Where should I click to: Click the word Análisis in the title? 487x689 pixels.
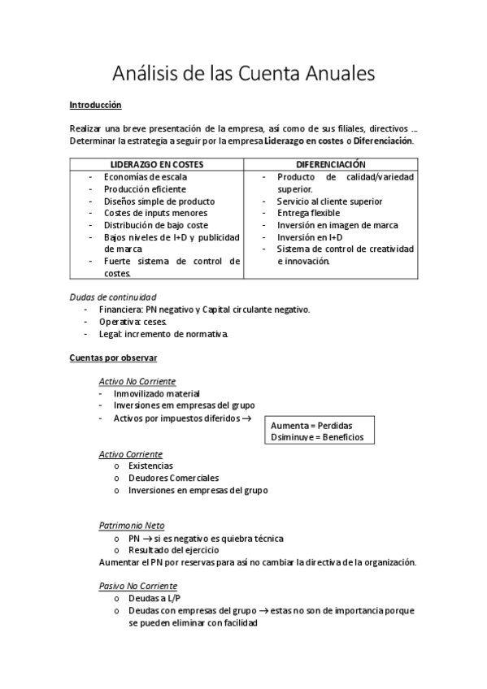[143, 73]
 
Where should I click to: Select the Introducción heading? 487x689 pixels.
[95, 106]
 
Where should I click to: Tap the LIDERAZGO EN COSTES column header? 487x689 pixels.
[157, 165]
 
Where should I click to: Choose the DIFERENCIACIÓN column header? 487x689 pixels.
[330, 165]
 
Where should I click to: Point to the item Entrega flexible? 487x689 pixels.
[308, 213]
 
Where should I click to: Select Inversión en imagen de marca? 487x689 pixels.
[337, 225]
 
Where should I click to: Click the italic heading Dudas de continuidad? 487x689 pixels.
[113, 297]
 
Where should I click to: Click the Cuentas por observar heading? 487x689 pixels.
[113, 358]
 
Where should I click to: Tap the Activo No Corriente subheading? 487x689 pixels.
[137, 382]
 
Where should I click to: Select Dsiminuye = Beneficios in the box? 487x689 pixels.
[317, 437]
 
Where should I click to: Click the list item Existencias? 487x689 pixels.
[150, 466]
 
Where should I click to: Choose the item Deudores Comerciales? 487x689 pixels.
[173, 479]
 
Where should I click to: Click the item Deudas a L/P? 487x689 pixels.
[154, 598]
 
